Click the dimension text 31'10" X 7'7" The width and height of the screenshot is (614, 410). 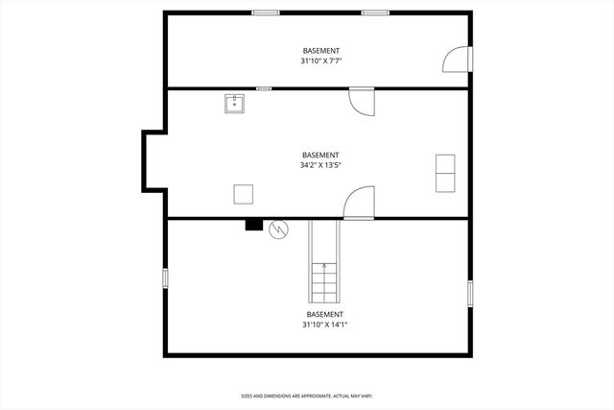[321, 60]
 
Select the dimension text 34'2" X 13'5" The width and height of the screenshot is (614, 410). [320, 165]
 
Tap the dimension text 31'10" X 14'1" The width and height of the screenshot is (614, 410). [323, 325]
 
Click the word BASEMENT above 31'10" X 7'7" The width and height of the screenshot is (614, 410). [321, 50]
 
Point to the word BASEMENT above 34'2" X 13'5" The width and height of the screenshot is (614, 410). [320, 155]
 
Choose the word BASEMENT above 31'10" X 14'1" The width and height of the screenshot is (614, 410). [324, 314]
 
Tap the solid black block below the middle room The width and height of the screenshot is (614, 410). [254, 226]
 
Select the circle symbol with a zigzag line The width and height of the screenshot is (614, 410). [278, 229]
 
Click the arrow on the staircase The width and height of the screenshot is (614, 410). [324, 266]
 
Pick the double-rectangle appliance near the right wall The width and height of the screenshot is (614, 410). [445, 173]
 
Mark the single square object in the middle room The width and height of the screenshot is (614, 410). [244, 193]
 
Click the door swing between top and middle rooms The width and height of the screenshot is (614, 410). [362, 101]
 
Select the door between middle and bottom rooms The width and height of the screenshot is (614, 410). [358, 204]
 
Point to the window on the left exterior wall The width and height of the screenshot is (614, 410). [165, 277]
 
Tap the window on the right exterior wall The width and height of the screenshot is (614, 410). [470, 293]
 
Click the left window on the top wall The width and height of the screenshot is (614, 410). [266, 12]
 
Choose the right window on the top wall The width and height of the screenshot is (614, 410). [375, 12]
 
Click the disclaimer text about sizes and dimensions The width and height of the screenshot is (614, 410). [306, 395]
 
